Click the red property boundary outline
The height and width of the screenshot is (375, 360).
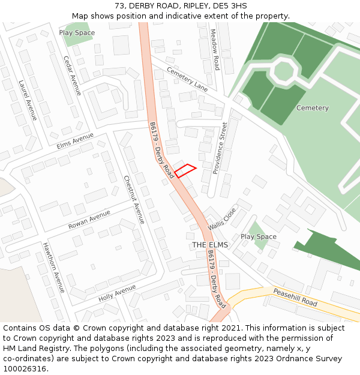click(x=185, y=170)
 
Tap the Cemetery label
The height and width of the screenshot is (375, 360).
click(x=313, y=108)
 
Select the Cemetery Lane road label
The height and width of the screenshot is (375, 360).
click(x=187, y=79)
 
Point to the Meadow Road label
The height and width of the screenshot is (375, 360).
click(x=215, y=50)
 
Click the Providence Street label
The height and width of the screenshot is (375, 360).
click(x=220, y=148)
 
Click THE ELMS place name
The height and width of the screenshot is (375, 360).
click(x=210, y=245)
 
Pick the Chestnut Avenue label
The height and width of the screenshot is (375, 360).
click(x=134, y=199)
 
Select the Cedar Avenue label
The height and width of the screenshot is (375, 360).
click(x=72, y=76)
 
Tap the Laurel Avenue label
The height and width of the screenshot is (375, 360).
click(x=28, y=100)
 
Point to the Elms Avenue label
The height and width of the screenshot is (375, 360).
click(x=76, y=142)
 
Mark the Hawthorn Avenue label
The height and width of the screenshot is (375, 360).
click(x=53, y=268)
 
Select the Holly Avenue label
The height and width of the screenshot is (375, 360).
click(x=117, y=292)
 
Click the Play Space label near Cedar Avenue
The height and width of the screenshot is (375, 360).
click(x=77, y=32)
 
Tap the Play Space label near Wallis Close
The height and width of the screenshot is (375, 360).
click(x=259, y=236)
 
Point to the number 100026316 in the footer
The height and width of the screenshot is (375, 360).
click(x=24, y=368)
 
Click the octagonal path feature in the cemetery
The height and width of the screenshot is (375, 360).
click(x=283, y=71)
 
